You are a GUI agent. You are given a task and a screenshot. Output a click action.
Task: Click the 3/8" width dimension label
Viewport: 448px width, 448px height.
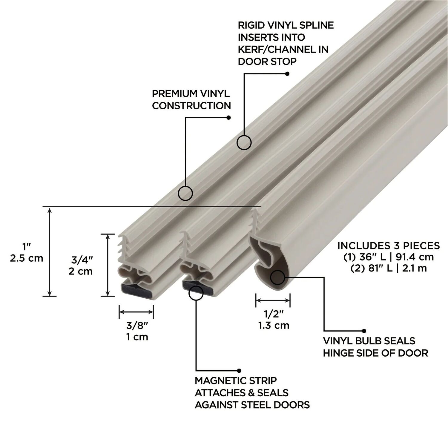coord(136,325)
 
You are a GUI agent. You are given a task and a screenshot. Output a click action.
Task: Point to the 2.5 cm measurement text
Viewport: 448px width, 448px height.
coord(27,258)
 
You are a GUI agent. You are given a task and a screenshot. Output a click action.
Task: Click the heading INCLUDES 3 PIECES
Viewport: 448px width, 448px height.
coord(389,246)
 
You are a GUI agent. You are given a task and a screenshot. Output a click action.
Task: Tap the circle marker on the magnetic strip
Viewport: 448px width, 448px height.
coord(196,293)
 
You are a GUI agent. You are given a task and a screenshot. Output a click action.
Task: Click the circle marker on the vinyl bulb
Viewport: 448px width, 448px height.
coord(277,278)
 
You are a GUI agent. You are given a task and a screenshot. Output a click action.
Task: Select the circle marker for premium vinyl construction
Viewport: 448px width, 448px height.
coord(185,193)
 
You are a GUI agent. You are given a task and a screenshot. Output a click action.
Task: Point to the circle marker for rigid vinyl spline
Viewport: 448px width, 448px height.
coord(244,142)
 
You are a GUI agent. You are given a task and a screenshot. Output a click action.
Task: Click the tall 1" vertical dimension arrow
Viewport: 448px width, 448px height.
coord(50,251)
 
